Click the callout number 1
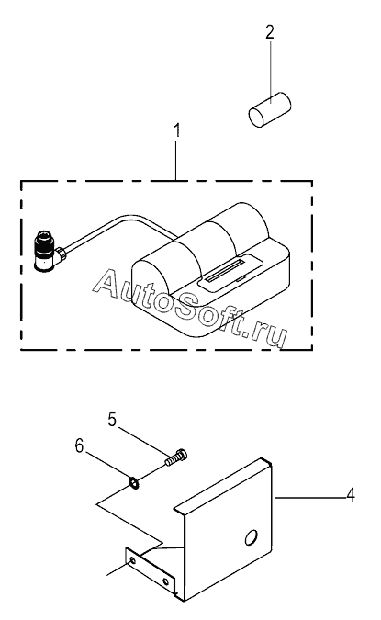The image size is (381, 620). coord(177,130)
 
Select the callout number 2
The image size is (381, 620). coord(270,32)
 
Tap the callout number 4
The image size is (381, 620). coord(351,495)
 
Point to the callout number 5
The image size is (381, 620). coord(112,420)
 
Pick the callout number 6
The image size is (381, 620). coord(80,446)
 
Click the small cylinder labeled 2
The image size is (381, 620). coord(270,109)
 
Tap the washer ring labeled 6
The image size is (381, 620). coord(134,483)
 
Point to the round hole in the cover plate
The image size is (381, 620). coord(251,537)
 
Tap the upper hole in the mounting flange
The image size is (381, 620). coord(132,560)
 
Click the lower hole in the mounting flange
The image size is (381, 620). coord(166,581)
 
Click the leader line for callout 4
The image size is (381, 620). coord(309,497)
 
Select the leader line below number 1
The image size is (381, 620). coord(176,159)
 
